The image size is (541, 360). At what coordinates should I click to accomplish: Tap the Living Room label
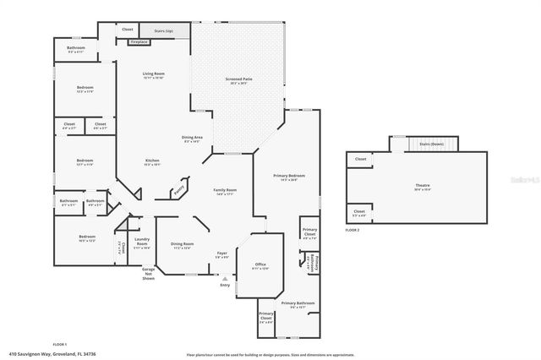tap(153, 74)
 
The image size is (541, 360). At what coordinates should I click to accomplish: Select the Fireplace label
tap(139, 41)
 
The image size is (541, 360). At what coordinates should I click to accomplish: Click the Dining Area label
tap(192, 137)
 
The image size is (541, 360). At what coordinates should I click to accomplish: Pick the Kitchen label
tap(152, 161)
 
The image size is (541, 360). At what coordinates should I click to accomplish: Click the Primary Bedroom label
tap(289, 176)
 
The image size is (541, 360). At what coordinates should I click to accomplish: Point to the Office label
tap(260, 265)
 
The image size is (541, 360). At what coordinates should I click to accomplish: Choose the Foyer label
tap(221, 253)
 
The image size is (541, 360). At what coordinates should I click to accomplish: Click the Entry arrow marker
tap(225, 277)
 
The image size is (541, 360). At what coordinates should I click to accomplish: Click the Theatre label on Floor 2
tap(421, 186)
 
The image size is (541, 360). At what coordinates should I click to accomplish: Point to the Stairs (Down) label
tap(432, 145)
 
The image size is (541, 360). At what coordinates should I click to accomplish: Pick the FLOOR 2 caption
tap(352, 230)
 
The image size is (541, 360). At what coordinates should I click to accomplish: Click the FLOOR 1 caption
tap(60, 344)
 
